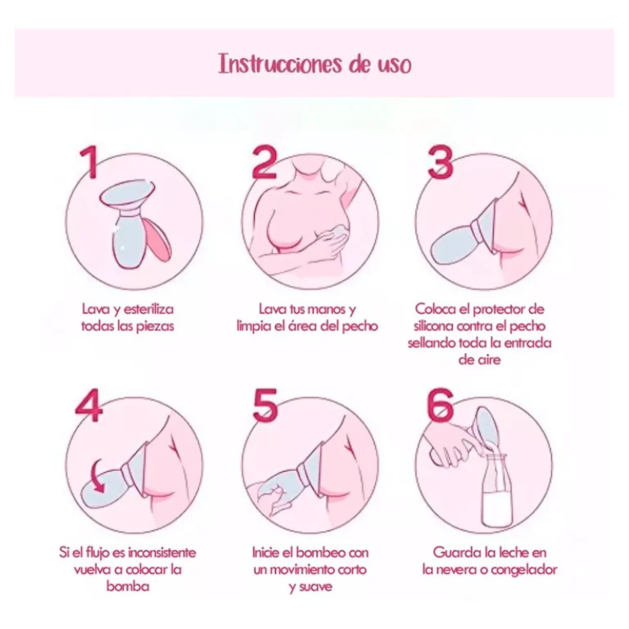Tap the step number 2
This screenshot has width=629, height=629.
point(264,162)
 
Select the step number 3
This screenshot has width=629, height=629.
point(440,162)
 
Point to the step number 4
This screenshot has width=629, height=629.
point(89,405)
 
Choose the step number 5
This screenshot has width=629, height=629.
point(265,405)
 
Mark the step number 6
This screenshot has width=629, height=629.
point(440,405)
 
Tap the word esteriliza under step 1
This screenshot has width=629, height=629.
point(149,310)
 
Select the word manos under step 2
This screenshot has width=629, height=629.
point(322,310)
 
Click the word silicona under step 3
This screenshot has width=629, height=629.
point(433,326)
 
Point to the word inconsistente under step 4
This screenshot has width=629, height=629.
point(161,553)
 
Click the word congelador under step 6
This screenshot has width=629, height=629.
point(524,570)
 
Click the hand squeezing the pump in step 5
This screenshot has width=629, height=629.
point(270,497)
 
